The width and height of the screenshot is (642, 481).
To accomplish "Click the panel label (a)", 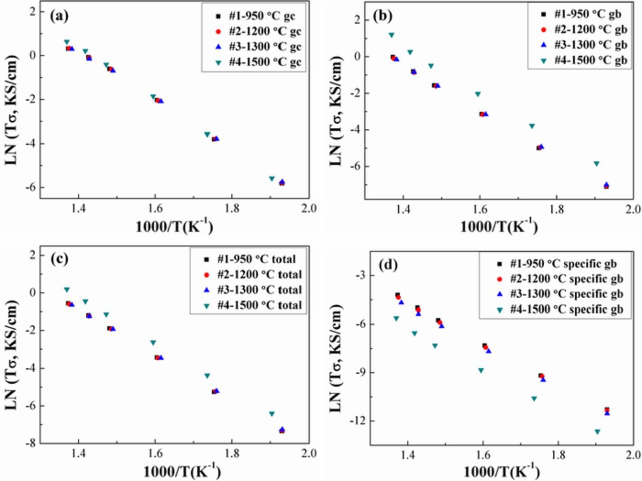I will [59, 16].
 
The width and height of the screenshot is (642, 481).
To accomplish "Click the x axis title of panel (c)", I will [182, 470].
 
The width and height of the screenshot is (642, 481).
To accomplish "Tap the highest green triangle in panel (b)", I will [391, 35].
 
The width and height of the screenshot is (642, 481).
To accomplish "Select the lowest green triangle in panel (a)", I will [272, 178].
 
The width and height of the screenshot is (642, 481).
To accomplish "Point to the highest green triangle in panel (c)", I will [67, 290].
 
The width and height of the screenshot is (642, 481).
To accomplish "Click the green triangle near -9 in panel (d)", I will [480, 370].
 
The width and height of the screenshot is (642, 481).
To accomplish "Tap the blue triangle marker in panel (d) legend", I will [499, 294].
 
